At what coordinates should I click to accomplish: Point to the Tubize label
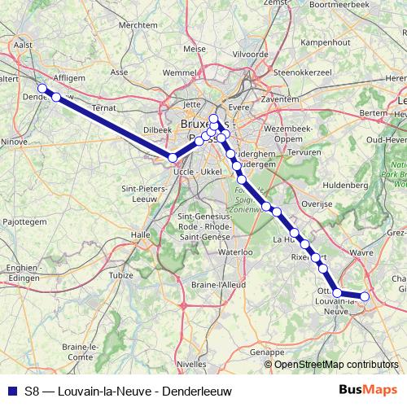pyautogui.click(x=120, y=275)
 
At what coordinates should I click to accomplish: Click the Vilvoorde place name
pyautogui.click(x=250, y=54)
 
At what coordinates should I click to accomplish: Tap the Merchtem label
pyautogui.click(x=138, y=25)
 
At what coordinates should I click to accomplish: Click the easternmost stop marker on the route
pyautogui.click(x=365, y=297)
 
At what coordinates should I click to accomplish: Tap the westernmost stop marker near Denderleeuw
pyautogui.click(x=42, y=89)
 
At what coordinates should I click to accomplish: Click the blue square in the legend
pyautogui.click(x=11, y=391)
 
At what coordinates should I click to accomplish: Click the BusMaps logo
pyautogui.click(x=368, y=390)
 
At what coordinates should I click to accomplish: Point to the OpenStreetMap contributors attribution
pyautogui.click(x=335, y=364)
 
